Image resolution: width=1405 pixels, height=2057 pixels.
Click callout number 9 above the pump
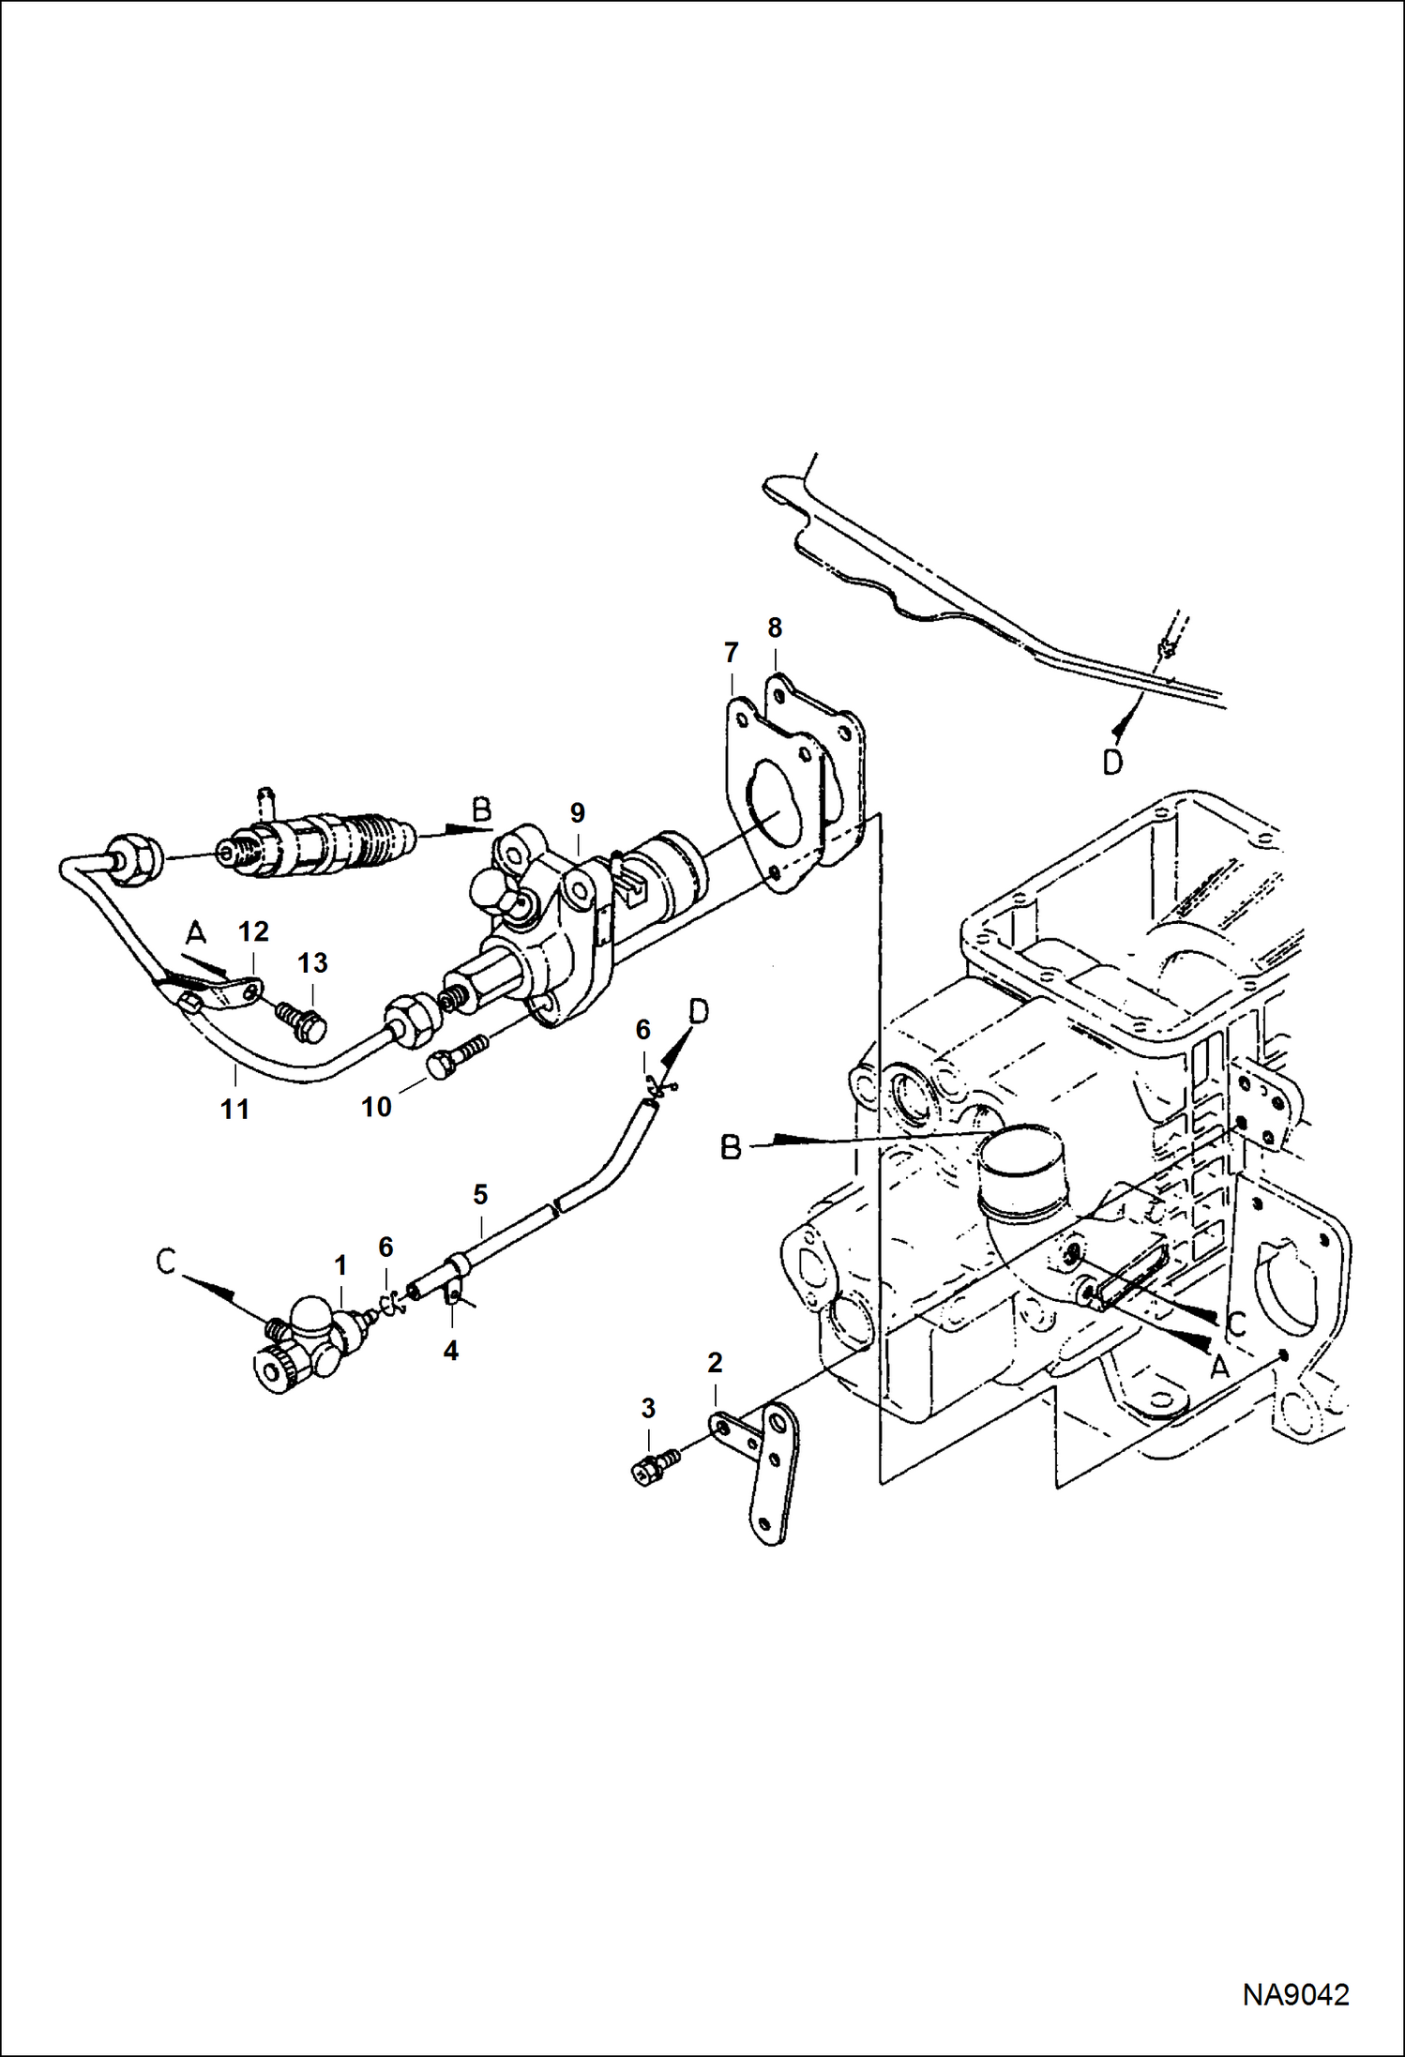coord(577,812)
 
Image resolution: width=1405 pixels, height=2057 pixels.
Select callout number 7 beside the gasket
coord(731,651)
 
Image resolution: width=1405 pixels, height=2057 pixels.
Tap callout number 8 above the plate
coord(775,628)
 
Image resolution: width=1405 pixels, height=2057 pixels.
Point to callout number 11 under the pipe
coord(234,1109)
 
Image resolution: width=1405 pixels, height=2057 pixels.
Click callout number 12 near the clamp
coord(253,931)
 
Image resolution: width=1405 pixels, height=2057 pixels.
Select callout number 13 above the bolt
coord(313,963)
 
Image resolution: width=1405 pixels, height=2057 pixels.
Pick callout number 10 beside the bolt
coord(376,1107)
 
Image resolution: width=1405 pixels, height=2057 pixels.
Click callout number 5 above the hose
coord(480,1195)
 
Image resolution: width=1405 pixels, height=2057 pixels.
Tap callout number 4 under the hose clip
coord(451,1351)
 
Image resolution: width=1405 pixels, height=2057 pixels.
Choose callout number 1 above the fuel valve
coord(340,1265)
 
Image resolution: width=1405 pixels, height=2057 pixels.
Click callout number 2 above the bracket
coord(715,1362)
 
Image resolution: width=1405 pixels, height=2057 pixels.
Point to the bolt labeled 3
coord(656,1468)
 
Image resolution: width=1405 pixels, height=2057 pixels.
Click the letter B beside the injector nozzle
coord(481,810)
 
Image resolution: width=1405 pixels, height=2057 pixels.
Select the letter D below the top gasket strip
coord(1112,764)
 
